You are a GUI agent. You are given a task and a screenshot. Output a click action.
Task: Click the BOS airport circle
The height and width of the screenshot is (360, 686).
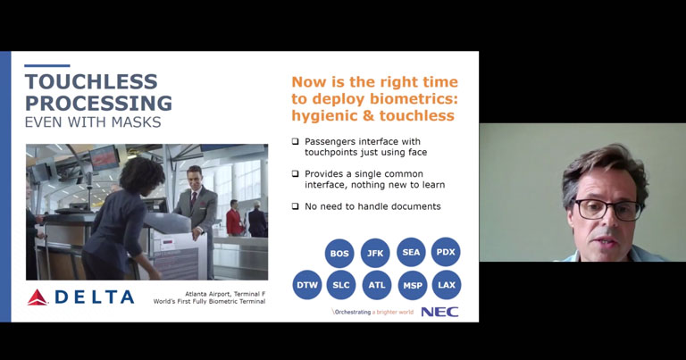[339, 253]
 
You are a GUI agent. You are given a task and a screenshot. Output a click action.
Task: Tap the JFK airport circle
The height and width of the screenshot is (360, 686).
[375, 253]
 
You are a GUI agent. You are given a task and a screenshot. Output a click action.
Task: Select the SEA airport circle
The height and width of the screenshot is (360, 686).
[411, 252]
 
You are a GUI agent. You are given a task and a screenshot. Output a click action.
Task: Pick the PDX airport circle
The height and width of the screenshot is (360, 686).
[446, 252]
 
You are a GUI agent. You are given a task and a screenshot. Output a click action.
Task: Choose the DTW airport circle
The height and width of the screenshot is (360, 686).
[307, 285]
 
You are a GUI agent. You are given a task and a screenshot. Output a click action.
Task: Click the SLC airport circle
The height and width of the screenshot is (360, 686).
[341, 285]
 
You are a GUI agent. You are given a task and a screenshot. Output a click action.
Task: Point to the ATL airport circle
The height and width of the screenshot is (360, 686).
[377, 285]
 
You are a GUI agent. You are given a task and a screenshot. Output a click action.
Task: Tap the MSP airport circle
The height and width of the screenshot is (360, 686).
[413, 285]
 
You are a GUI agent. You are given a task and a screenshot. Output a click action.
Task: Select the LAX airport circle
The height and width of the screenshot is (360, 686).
[447, 285]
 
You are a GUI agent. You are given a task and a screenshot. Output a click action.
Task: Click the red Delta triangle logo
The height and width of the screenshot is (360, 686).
[38, 297]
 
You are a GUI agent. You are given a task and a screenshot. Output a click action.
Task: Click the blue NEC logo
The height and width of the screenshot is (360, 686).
[439, 312]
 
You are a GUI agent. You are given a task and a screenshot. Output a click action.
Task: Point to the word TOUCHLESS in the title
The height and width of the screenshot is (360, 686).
[91, 82]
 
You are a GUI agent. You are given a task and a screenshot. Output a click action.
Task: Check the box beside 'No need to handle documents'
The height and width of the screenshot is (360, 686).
[296, 206]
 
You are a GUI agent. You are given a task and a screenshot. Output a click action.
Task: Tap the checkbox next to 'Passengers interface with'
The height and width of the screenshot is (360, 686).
[296, 141]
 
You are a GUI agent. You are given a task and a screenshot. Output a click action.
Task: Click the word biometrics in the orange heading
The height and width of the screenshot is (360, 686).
[412, 99]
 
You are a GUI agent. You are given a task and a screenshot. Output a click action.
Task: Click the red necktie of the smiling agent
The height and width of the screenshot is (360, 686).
[194, 199]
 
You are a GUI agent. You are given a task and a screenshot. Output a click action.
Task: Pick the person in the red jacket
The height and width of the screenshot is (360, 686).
[234, 218]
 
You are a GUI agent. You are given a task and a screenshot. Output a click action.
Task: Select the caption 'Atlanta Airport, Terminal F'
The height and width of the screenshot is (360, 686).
[225, 294]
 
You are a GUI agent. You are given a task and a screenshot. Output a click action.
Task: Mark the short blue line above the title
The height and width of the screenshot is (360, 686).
[47, 65]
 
